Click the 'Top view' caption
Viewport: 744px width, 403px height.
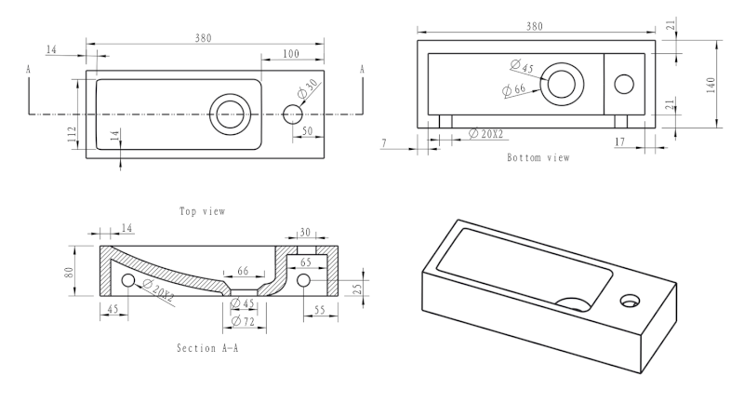pyautogui.click(x=203, y=211)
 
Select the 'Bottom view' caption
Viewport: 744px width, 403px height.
pyautogui.click(x=538, y=157)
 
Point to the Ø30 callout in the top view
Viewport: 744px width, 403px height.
pyautogui.click(x=308, y=90)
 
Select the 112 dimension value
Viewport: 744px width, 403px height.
pyautogui.click(x=72, y=133)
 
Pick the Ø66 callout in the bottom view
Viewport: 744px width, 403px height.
pyautogui.click(x=514, y=90)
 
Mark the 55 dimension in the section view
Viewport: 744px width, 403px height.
pyautogui.click(x=318, y=309)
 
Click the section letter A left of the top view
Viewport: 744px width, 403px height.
pyautogui.click(x=29, y=70)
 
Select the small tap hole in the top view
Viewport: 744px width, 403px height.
pyautogui.click(x=292, y=114)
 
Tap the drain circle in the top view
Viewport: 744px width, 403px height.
pyautogui.click(x=227, y=114)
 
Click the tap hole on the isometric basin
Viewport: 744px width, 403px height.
pyautogui.click(x=631, y=300)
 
